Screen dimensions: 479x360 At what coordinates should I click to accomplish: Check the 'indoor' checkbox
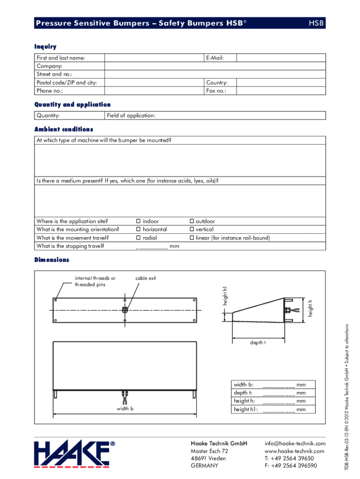click(138, 221)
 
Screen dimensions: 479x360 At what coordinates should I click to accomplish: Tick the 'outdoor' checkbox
click(191, 221)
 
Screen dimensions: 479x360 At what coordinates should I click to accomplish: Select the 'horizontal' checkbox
click(138, 230)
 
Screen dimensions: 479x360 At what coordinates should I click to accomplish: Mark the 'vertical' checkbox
click(191, 230)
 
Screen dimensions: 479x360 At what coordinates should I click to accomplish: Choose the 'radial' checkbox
click(138, 238)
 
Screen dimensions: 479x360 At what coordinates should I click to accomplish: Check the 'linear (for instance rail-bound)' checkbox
click(191, 238)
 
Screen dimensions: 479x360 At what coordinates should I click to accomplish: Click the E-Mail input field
click(281, 58)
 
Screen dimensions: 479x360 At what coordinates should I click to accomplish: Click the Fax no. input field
click(281, 91)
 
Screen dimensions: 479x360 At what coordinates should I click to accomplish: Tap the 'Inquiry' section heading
click(45, 46)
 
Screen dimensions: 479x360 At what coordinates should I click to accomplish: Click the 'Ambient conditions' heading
click(64, 129)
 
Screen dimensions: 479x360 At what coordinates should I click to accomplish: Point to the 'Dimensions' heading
click(51, 260)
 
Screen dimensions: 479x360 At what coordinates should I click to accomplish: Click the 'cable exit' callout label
click(145, 278)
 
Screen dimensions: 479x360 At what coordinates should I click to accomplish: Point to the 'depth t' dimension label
click(258, 343)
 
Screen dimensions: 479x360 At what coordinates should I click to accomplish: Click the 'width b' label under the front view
click(125, 409)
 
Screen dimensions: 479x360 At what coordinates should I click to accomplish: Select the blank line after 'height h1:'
click(279, 410)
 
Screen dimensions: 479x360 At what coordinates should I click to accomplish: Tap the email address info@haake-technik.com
click(295, 443)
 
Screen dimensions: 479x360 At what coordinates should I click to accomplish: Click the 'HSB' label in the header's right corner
click(317, 23)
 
